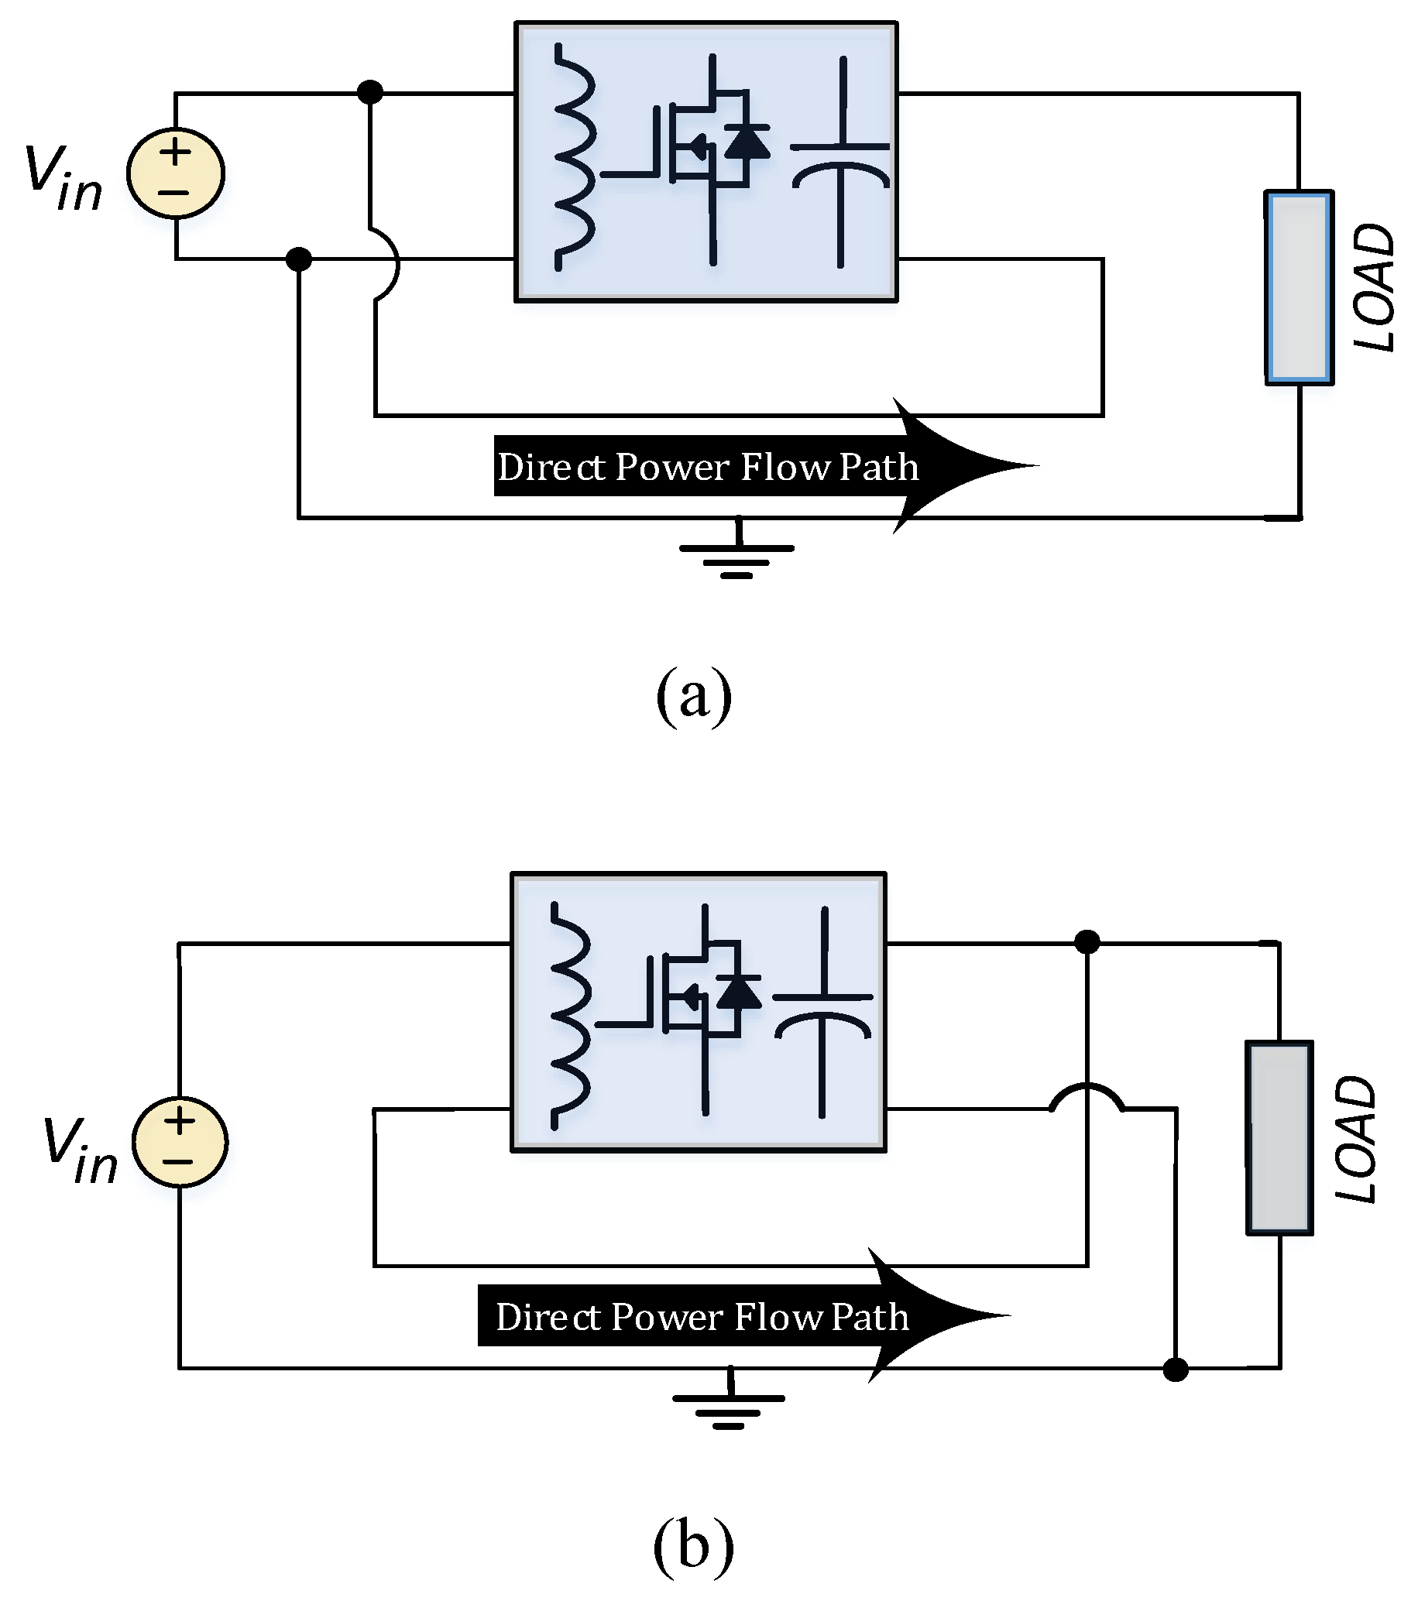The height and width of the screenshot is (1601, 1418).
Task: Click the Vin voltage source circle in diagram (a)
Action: pos(176,173)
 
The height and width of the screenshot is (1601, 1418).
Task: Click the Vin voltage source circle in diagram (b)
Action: pos(180,1141)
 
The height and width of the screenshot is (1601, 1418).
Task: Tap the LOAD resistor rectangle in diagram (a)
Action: pos(1299,287)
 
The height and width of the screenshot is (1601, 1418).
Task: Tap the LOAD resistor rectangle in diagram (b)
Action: pos(1279,1137)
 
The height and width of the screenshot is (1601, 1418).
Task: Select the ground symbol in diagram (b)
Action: pos(729,1404)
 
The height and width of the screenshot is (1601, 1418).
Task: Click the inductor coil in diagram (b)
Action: pos(569,1016)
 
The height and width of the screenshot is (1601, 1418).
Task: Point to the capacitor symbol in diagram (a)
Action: pos(840,164)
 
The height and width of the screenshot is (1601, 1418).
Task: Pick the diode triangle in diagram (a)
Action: pos(746,142)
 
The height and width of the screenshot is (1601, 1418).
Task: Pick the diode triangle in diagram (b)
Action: pos(738,992)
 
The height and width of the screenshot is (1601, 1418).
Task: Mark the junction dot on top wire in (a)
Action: pos(369,92)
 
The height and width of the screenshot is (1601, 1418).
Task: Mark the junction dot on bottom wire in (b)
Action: pos(1175,1370)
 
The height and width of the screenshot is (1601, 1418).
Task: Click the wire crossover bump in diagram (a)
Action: pos(389,265)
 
